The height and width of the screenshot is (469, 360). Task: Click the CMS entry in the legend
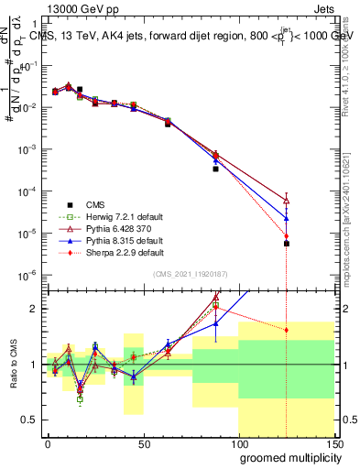tap(95, 204)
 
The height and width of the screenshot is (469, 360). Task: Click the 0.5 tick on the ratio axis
tap(30, 420)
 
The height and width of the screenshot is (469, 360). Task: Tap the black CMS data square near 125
tap(287, 244)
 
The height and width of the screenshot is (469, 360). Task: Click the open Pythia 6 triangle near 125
tap(287, 201)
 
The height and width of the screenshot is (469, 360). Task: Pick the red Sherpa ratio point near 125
tap(287, 330)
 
